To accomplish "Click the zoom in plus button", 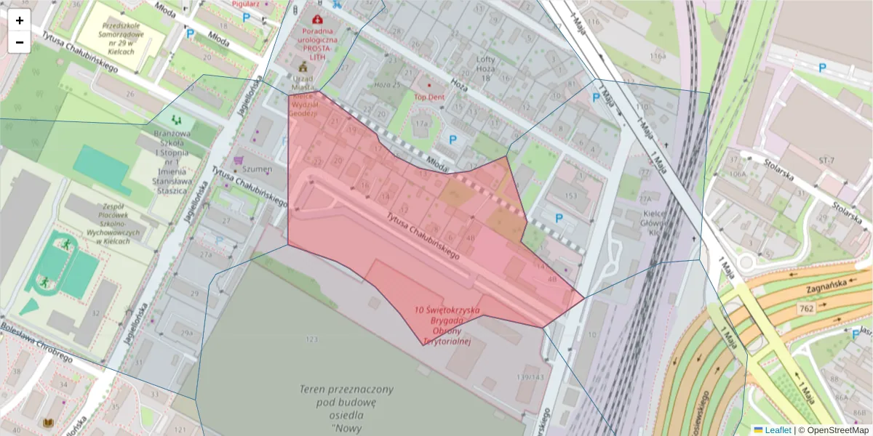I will click(20, 20).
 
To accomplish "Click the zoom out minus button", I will click(20, 42).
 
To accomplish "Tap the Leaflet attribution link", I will click(778, 430).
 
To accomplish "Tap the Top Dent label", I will click(428, 96).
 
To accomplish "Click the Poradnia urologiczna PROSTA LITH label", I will click(316, 39).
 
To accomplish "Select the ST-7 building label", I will click(826, 160).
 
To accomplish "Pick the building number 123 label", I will click(312, 339).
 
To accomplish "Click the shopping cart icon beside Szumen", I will click(237, 159).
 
